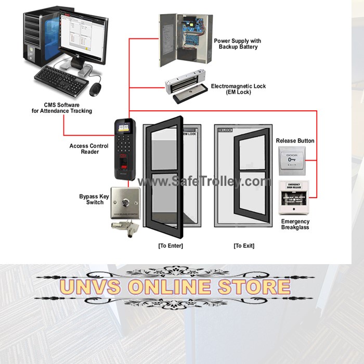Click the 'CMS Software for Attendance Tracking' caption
[61, 108]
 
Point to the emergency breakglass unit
[295, 197]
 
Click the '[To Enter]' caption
[171, 245]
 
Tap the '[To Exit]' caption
[243, 245]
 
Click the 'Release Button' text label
[295, 140]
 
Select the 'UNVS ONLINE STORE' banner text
[175, 287]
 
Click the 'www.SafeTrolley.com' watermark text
[204, 181]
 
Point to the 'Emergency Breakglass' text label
[295, 225]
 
